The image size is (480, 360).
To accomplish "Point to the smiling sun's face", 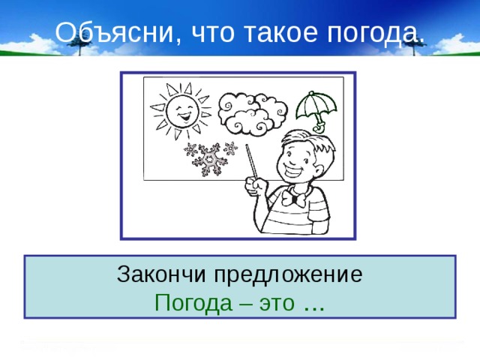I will [x=178, y=113].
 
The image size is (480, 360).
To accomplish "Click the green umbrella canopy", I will [x=313, y=106].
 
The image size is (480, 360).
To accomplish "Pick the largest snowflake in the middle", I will [x=208, y=157].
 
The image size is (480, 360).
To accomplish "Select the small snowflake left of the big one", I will [x=190, y=149].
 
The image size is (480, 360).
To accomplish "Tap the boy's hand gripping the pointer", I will [x=258, y=187].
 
